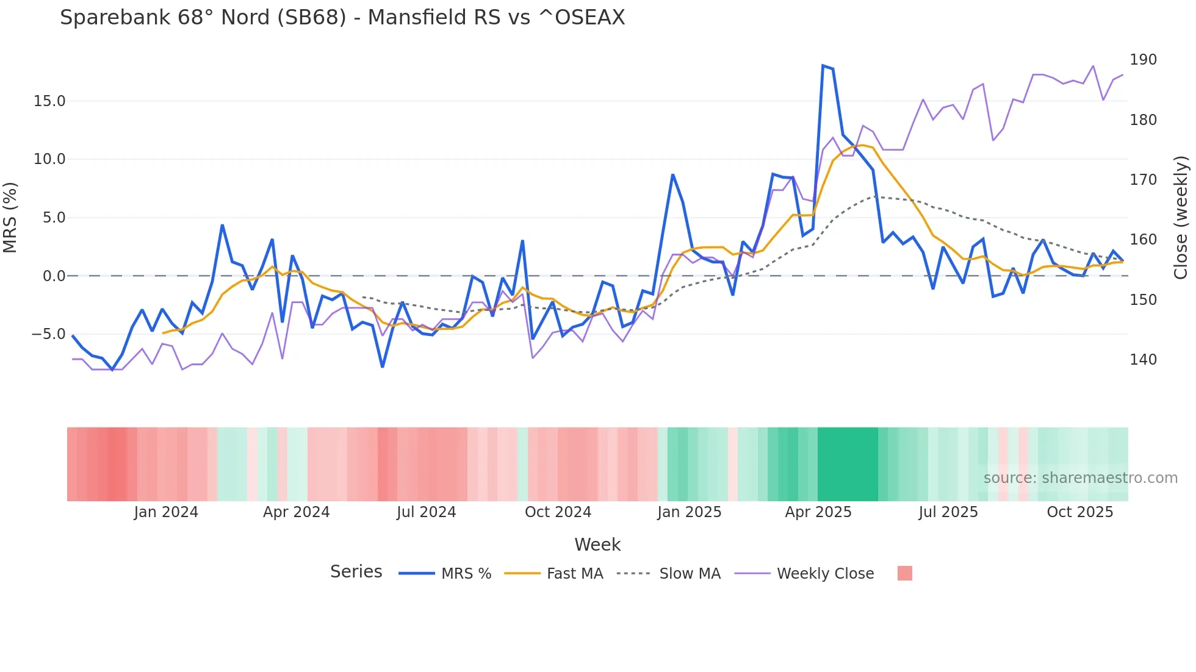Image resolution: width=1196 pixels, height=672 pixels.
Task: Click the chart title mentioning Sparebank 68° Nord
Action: click(342, 18)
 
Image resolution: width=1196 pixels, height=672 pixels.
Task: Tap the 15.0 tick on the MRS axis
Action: click(49, 101)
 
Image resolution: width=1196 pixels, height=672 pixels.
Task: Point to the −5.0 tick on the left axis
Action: click(48, 334)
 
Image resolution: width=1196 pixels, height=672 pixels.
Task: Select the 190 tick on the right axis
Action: click(1143, 60)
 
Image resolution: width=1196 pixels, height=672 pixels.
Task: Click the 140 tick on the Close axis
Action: click(1143, 360)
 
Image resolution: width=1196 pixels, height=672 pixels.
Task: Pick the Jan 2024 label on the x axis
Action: click(166, 512)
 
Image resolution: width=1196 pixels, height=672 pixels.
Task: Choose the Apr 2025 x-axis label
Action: click(818, 512)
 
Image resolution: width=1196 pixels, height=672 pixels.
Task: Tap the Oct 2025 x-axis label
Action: click(1079, 512)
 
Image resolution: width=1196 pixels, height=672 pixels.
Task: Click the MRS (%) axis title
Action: click(10, 217)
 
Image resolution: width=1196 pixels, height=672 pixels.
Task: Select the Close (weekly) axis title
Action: click(1181, 217)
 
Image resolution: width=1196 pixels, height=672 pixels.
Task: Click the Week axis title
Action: click(597, 545)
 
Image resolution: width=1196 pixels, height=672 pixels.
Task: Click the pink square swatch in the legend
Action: click(905, 573)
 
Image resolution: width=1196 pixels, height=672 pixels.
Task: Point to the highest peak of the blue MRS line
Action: click(823, 66)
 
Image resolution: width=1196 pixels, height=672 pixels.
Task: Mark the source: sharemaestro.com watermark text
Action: click(1080, 478)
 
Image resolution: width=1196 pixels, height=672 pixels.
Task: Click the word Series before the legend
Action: click(356, 572)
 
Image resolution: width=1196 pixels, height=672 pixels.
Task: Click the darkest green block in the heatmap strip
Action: click(848, 464)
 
